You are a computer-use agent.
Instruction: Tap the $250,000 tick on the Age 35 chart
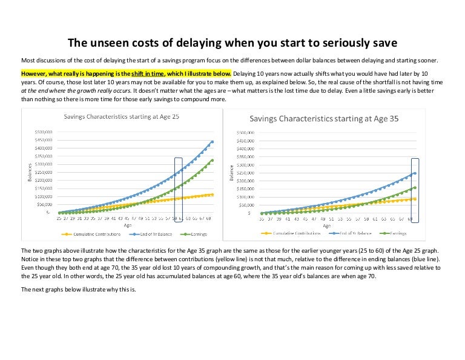coord(244,173)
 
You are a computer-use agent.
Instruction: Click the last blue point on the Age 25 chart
coord(212,142)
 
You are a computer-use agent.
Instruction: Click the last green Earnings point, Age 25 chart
coord(212,161)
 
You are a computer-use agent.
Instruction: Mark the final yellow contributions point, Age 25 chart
coord(212,195)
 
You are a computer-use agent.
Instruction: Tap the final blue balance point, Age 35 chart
coord(415,173)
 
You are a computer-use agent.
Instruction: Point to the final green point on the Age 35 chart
coord(415,187)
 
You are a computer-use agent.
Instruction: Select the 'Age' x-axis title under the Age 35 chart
coord(327,225)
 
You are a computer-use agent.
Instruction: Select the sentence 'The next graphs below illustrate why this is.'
coord(79,289)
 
